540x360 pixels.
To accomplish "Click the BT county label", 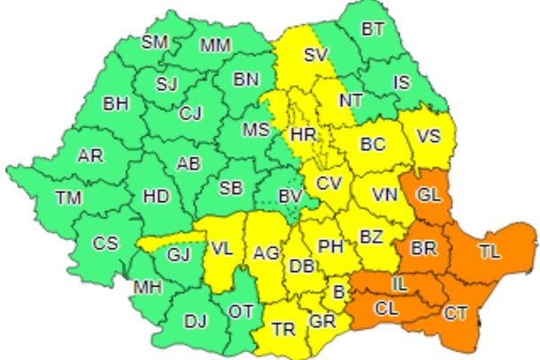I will pyautogui.click(x=373, y=30).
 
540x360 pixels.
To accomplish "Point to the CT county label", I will pyautogui.click(x=455, y=313).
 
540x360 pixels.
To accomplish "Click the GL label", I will pyautogui.click(x=430, y=195).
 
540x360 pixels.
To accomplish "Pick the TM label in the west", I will pyautogui.click(x=67, y=197).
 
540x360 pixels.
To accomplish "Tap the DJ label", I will pyautogui.click(x=195, y=319).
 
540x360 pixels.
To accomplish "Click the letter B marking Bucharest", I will pyautogui.click(x=339, y=292).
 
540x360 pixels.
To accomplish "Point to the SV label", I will pyautogui.click(x=314, y=55).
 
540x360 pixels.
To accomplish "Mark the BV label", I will pyautogui.click(x=288, y=195).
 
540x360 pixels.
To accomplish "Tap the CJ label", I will pyautogui.click(x=190, y=113).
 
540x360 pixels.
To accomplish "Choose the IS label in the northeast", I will pyautogui.click(x=402, y=83).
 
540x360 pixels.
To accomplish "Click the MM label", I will pyautogui.click(x=214, y=45).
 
